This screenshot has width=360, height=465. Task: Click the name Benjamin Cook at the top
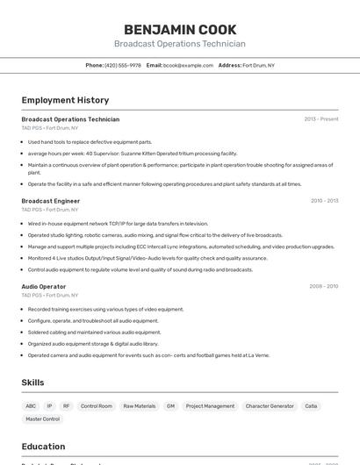point(179,29)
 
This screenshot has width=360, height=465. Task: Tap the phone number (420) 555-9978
point(122,65)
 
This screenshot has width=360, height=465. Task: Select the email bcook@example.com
point(188,65)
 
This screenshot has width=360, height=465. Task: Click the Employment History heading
point(65,100)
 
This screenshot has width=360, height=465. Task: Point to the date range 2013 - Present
point(321,119)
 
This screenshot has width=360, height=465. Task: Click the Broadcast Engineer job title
point(51,201)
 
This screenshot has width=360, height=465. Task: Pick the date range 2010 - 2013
point(324,201)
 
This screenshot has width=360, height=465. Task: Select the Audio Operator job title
point(44,286)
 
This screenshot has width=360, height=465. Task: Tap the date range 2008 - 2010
point(323,286)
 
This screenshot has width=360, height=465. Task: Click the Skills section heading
point(32,383)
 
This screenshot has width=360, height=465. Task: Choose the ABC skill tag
point(31,406)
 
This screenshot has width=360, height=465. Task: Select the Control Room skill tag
point(97,406)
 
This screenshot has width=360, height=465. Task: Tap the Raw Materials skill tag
point(140,406)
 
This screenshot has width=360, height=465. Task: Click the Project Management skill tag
point(210,406)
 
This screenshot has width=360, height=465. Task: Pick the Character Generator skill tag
point(270,406)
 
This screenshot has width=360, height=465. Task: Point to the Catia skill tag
point(312,406)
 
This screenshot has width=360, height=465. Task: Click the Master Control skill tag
point(43,419)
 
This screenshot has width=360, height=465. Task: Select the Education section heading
point(43,446)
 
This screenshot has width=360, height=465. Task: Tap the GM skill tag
point(170,406)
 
